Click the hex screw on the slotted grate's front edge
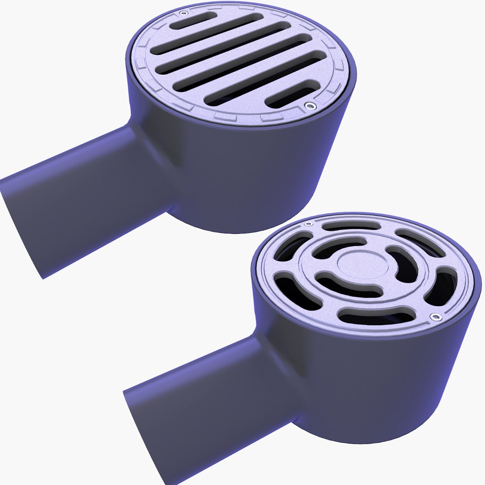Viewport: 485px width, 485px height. (x=309, y=106)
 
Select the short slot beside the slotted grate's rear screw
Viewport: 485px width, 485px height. (x=193, y=20)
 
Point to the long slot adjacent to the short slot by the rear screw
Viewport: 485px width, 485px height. (x=207, y=34)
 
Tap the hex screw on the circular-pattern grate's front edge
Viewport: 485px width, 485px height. (x=434, y=317)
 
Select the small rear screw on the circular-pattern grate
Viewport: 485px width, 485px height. (x=307, y=224)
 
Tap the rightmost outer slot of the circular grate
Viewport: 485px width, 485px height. (x=442, y=287)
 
